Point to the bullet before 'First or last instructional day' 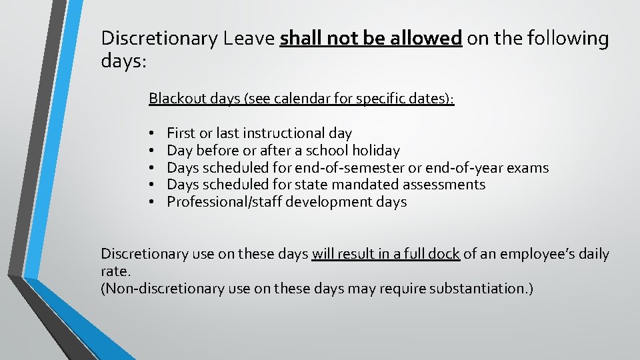point(153,134)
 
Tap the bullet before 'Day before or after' point(153,151)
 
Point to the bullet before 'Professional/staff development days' point(153,203)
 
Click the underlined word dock point(444,254)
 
